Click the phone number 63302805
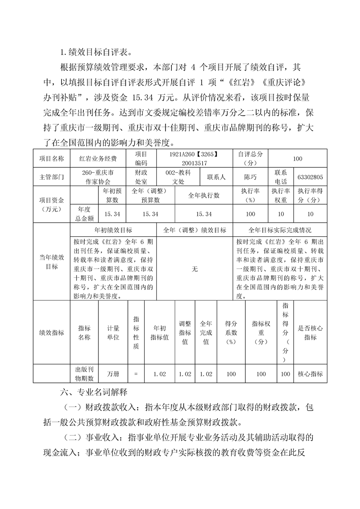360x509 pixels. click(x=310, y=177)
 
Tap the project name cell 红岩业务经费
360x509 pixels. click(x=98, y=159)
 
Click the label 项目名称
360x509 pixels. click(x=52, y=159)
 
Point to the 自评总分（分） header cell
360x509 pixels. click(x=250, y=159)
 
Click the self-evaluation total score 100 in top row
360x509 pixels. click(x=297, y=159)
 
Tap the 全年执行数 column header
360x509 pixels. click(x=204, y=196)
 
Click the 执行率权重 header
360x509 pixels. click(x=281, y=196)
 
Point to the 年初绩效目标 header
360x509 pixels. click(x=113, y=230)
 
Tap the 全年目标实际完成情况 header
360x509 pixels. click(x=280, y=230)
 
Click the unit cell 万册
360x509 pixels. click(x=113, y=374)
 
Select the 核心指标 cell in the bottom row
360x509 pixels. click(x=310, y=374)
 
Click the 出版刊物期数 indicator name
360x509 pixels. click(x=84, y=374)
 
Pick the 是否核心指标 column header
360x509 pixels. click(x=310, y=333)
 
